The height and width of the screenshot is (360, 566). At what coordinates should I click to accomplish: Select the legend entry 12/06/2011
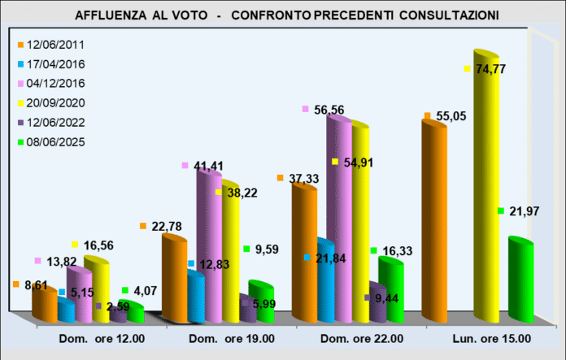click(57, 45)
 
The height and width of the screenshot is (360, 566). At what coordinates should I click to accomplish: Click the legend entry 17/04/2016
click(57, 64)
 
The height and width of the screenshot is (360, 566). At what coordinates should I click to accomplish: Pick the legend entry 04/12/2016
click(57, 84)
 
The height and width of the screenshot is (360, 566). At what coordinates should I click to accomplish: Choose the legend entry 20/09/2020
click(57, 103)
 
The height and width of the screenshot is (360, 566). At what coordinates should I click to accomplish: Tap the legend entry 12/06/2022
click(57, 123)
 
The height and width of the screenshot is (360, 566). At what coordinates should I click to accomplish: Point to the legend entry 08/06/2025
click(57, 142)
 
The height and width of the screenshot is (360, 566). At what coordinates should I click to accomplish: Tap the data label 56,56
click(328, 109)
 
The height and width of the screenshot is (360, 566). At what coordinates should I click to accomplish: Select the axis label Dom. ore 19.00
click(231, 338)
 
